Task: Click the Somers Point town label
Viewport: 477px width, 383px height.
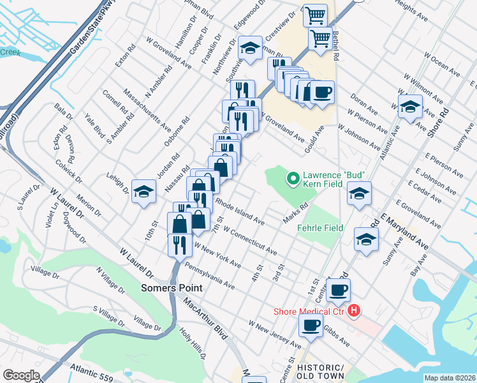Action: point(172,288)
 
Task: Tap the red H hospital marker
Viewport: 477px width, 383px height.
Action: point(354,311)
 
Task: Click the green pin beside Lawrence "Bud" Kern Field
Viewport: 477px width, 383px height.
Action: point(293,179)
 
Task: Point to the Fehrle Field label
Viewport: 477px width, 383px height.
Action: point(321,228)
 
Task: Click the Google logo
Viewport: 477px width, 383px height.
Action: point(21,375)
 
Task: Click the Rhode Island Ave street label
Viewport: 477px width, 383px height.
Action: point(240,211)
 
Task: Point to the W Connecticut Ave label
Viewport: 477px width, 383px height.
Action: point(250,241)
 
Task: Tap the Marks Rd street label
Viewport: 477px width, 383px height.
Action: point(296,214)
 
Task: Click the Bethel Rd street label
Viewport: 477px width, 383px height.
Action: point(335,43)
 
